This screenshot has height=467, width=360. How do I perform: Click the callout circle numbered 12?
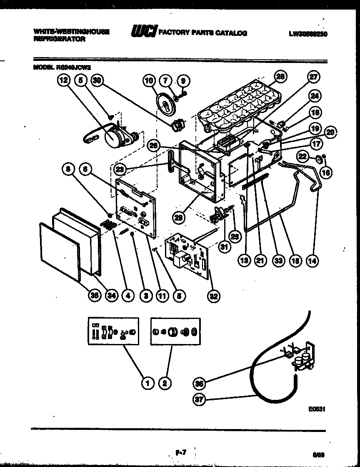click(63, 81)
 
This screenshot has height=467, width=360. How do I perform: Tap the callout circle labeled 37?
click(200, 400)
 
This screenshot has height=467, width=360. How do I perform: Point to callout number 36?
click(200, 384)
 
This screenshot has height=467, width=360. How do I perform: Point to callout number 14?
click(311, 261)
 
